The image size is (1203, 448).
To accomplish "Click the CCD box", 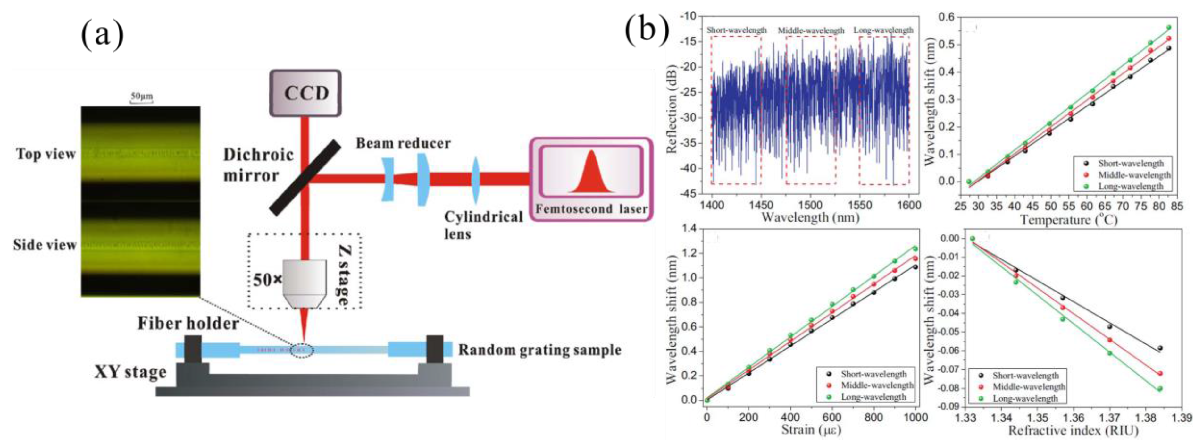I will click(305, 93).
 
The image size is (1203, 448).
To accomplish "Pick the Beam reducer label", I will click(403, 143).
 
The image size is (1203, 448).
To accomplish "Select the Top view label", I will click(46, 154).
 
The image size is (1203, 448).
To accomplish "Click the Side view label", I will click(45, 245).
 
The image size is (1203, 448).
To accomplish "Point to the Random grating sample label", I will click(539, 350).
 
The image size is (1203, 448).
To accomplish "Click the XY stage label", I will click(130, 372).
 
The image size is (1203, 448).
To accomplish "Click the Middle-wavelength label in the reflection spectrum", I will click(811, 31).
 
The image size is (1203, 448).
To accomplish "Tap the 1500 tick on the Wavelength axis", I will click(810, 205).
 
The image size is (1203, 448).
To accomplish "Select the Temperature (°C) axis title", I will click(1068, 220).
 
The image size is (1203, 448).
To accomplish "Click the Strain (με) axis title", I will click(811, 429).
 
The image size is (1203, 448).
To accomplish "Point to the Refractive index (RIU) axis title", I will click(1073, 431).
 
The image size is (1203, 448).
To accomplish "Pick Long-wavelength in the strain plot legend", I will click(873, 397).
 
